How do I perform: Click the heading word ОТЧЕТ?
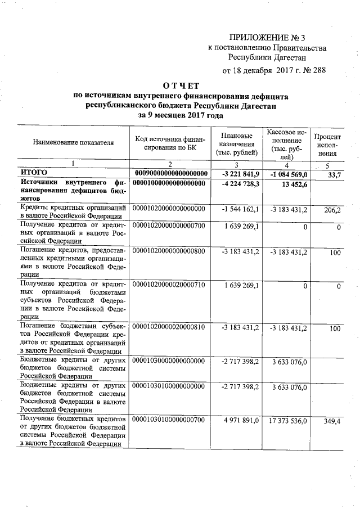click(181, 85)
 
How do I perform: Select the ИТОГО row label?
click(34, 173)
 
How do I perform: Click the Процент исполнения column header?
click(327, 145)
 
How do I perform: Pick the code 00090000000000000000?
click(172, 173)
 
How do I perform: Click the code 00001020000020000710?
click(169, 286)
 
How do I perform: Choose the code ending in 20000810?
click(169, 327)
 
